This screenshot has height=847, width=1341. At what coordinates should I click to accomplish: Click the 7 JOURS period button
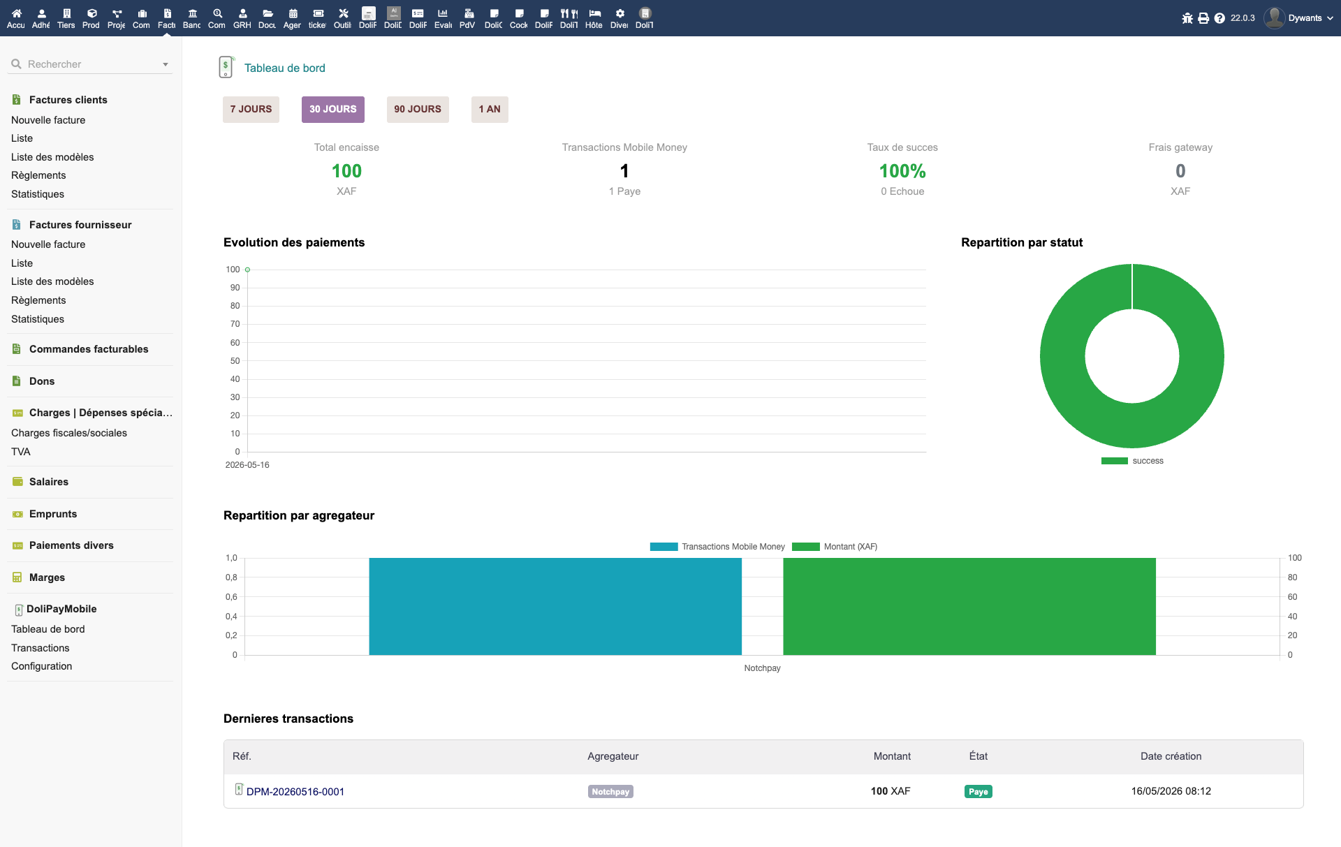pyautogui.click(x=251, y=109)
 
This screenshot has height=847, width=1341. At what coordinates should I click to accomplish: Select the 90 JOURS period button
pyautogui.click(x=418, y=109)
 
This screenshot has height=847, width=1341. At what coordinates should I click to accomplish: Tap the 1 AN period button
pyautogui.click(x=490, y=109)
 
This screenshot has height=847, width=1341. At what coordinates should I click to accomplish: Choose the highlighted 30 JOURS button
pyautogui.click(x=333, y=109)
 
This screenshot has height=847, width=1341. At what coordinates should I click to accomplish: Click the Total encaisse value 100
pyautogui.click(x=346, y=171)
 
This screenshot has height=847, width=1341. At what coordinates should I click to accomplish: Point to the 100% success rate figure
pyautogui.click(x=902, y=171)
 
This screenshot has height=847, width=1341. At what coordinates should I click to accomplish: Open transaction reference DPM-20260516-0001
pyautogui.click(x=295, y=791)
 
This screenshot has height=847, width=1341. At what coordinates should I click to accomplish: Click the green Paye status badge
pyautogui.click(x=979, y=791)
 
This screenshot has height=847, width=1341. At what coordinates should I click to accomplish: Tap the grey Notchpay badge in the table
pyautogui.click(x=610, y=791)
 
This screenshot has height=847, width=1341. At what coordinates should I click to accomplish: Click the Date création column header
pyautogui.click(x=1171, y=756)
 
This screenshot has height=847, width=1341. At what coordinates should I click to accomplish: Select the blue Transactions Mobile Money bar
pyautogui.click(x=555, y=606)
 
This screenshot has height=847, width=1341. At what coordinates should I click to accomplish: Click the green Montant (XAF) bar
pyautogui.click(x=969, y=606)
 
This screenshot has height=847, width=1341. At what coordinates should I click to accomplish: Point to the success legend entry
pyautogui.click(x=1132, y=461)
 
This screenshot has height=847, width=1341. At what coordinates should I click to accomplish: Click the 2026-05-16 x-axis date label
pyautogui.click(x=247, y=465)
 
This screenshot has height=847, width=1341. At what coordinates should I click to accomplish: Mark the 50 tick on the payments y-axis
pyautogui.click(x=235, y=361)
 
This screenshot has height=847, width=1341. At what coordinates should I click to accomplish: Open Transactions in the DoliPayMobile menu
pyautogui.click(x=41, y=648)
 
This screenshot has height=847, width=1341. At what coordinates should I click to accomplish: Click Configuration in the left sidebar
pyautogui.click(x=42, y=666)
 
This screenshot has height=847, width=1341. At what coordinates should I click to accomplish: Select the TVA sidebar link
pyautogui.click(x=21, y=452)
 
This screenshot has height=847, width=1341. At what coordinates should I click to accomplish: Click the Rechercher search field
pyautogui.click(x=91, y=64)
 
